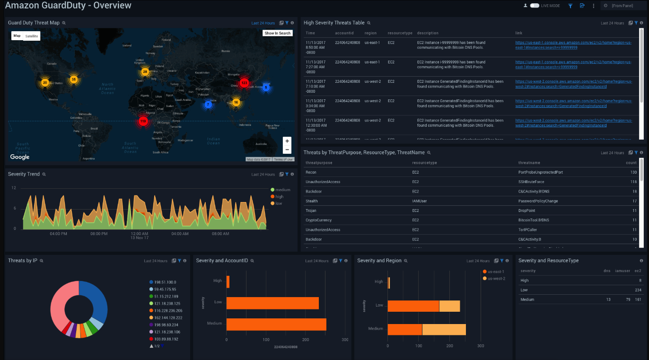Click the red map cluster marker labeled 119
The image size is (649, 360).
[143, 122]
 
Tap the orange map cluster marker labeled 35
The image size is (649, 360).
[73, 79]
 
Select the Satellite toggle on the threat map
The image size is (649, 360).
[32, 36]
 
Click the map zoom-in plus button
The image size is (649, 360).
[287, 141]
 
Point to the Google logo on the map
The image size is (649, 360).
[20, 157]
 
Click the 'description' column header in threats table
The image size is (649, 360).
[428, 33]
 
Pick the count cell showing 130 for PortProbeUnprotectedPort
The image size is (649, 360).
[633, 172]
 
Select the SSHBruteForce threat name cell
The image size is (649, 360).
[531, 182]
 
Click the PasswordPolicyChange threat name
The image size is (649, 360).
[538, 201]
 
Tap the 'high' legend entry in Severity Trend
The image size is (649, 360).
[279, 196]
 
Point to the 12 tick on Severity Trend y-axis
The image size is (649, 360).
[14, 188]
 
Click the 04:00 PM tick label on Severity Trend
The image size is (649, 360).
[58, 234]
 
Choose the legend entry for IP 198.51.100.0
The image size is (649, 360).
[165, 282]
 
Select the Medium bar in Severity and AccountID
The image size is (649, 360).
[276, 324]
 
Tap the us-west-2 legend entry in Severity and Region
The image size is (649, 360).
[496, 278]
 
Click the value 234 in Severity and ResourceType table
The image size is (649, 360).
[638, 290]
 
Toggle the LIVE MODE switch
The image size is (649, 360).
[535, 6]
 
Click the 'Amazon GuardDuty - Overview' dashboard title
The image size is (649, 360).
[68, 6]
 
